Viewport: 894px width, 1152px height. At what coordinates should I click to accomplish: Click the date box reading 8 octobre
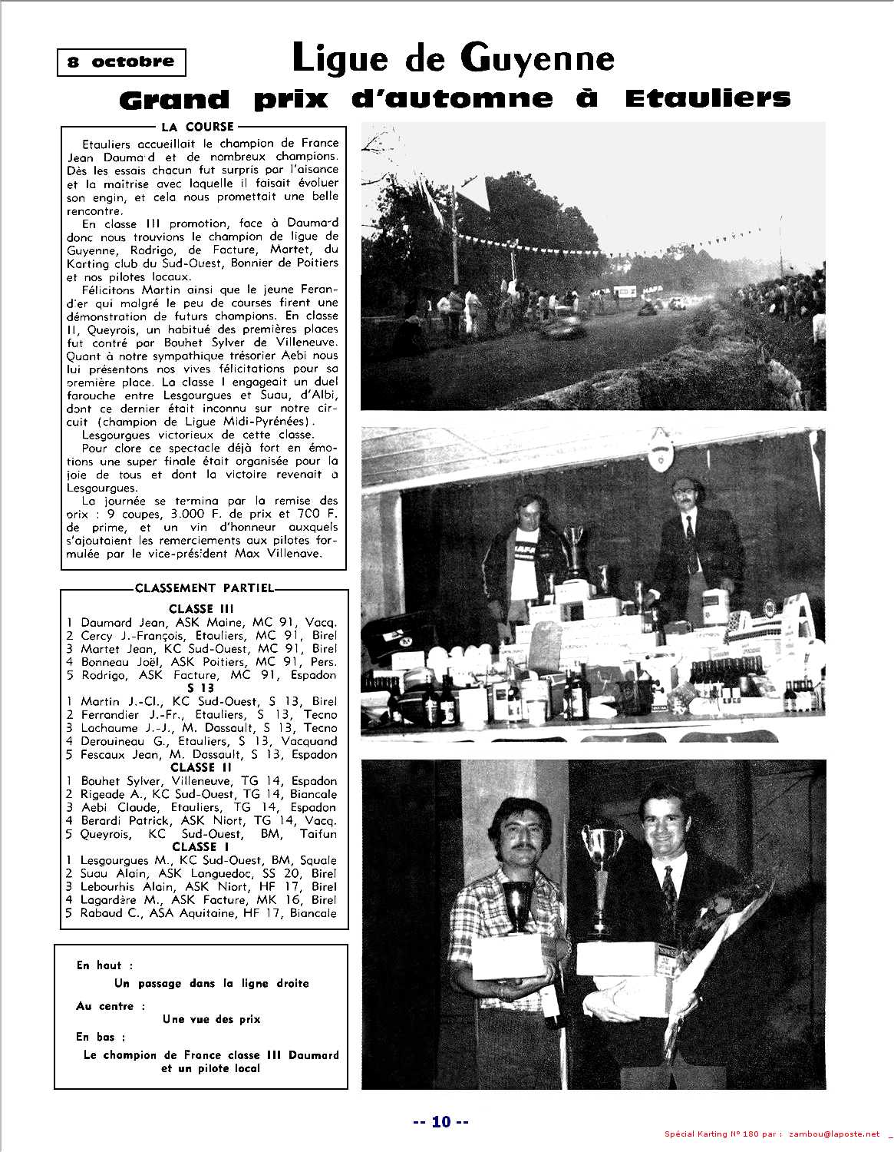121,62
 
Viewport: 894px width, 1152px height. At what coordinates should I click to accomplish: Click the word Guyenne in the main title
538,58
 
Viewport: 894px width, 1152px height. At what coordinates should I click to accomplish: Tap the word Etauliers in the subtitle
707,98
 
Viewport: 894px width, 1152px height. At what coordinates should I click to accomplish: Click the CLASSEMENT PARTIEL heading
204,588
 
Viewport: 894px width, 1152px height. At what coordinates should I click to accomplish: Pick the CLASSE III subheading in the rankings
202,609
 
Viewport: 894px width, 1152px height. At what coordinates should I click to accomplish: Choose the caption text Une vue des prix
211,1019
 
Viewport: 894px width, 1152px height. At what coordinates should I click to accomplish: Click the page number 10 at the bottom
440,1121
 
